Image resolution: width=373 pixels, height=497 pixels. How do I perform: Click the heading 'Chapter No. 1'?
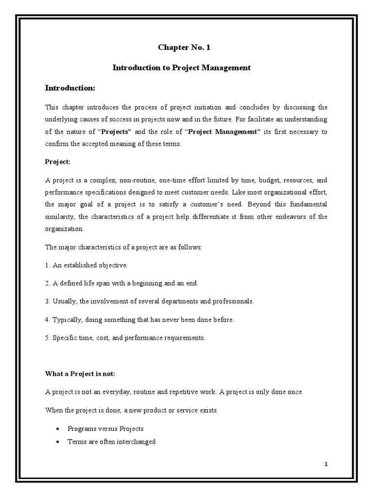pos(184,47)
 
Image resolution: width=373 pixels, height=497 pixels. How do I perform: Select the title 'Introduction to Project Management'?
pos(182,68)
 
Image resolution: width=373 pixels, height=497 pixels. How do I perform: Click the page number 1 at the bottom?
pos(326,464)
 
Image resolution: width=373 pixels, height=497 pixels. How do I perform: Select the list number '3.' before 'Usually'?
pos(48,301)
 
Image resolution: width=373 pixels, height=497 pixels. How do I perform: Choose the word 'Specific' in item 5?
pos(64,338)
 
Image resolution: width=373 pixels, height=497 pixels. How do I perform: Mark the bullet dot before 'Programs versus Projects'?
pos(58,429)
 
